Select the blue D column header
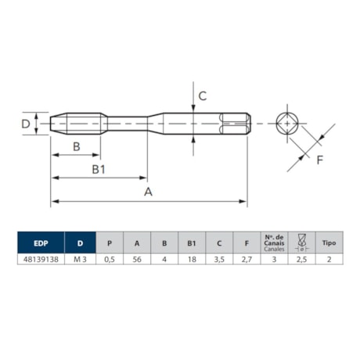[x=79, y=243]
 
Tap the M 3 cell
[x=79, y=260]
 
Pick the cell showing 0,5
[x=110, y=260]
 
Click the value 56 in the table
[x=136, y=260]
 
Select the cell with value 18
[x=191, y=260]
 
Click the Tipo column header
[x=329, y=243]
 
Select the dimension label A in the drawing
[x=148, y=193]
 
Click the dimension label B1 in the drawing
[x=99, y=169]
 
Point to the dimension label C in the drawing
[x=201, y=96]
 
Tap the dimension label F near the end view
[x=319, y=161]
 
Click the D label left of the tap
[x=25, y=124]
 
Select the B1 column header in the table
[x=191, y=243]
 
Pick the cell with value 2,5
[x=301, y=260]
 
